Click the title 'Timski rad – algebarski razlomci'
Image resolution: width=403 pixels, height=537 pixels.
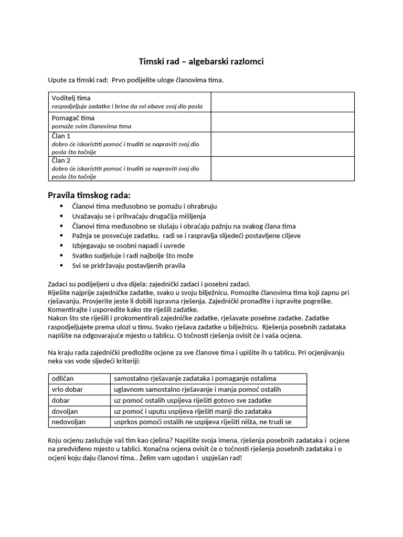pos(201,62)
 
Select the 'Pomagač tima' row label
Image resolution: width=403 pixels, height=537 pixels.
pos(73,118)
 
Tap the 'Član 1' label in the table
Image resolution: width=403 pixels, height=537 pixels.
pos(61,136)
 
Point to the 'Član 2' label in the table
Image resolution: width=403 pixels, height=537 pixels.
pos(61,160)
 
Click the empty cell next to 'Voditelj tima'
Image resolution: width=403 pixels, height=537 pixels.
pos(282,102)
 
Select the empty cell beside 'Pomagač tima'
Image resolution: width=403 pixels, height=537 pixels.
pos(282,122)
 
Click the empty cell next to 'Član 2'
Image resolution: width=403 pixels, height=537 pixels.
pos(282,168)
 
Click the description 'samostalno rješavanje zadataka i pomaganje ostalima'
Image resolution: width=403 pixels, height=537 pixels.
pos(195,378)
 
